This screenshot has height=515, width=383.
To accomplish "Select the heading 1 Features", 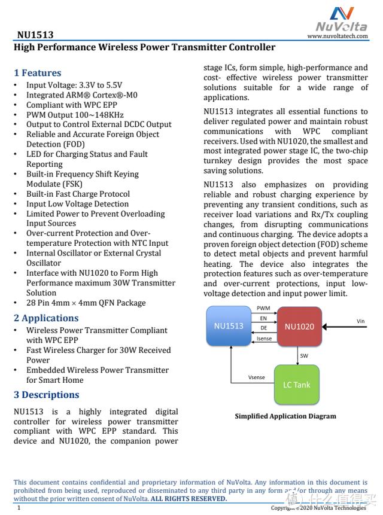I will pos(38,73).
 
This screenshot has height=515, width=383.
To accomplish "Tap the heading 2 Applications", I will pos(46,318).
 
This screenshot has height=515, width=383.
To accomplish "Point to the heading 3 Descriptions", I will pos(47,395).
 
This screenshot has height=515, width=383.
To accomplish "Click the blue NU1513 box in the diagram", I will pos(229,326).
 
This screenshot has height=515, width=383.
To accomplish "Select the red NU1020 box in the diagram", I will pos(299,327).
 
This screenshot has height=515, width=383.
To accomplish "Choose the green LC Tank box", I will pos(297,385).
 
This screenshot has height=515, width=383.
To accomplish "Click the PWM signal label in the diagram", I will pos(263,308).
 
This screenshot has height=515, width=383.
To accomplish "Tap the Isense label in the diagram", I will pos(264,339).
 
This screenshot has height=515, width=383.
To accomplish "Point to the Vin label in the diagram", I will pos(361,321).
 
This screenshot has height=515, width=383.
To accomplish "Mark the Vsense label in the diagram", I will pos(257,377).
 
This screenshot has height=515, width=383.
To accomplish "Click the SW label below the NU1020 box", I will pos(304,355).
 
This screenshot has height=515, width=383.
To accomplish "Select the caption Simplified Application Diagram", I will pos(285,416).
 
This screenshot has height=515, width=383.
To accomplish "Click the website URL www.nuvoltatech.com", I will pos(338,36).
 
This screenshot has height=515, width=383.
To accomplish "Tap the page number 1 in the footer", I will pos(19,508).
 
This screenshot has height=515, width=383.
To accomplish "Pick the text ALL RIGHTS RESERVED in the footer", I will pos(189,499).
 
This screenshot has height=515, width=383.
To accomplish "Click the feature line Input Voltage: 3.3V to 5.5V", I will pos(74,85).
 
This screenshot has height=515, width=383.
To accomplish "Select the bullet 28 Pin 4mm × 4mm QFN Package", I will pos(86,303).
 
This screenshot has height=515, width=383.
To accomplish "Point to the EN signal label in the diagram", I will pos(263,318).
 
